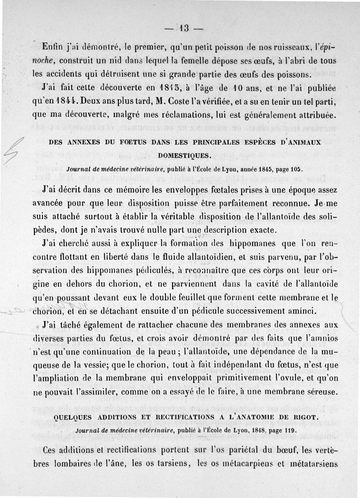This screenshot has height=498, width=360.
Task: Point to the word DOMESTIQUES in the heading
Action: [x=184, y=155]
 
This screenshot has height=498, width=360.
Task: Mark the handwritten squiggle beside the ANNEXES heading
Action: [x=12, y=151]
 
